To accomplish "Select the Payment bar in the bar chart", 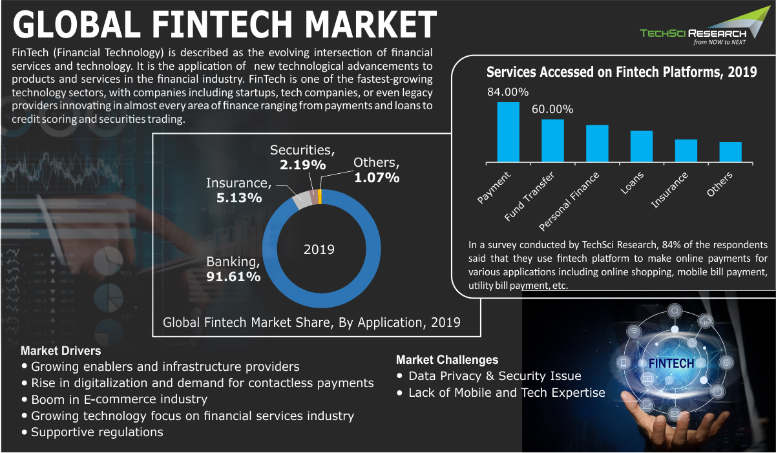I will [508, 132].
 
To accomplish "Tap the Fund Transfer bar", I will [552, 140].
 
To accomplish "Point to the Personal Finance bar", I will [597, 143].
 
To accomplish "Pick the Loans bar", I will [642, 146].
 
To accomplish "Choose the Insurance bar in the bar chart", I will [686, 151].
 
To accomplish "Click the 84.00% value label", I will [508, 92].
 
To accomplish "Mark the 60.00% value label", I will [552, 109].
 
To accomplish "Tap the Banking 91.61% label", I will [233, 269].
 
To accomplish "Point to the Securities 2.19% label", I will [302, 157].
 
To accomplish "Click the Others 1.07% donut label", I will [377, 170].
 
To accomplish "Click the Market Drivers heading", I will [61, 351].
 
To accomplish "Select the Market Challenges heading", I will [447, 360].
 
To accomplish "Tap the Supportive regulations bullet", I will [97, 432].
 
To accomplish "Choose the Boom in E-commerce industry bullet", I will [119, 399].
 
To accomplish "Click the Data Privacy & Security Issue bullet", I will [494, 376].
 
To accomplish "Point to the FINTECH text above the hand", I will [671, 363].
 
